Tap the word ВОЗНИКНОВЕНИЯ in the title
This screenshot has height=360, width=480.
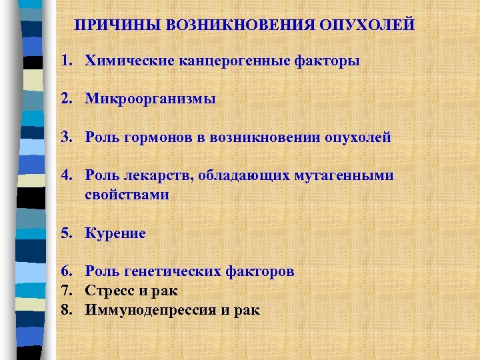tap(244, 25)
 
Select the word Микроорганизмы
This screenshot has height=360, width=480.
tap(151, 99)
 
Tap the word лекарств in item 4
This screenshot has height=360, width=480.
tap(151, 176)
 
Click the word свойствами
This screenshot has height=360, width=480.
tap(127, 195)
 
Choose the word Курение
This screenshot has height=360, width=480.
tap(115, 233)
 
